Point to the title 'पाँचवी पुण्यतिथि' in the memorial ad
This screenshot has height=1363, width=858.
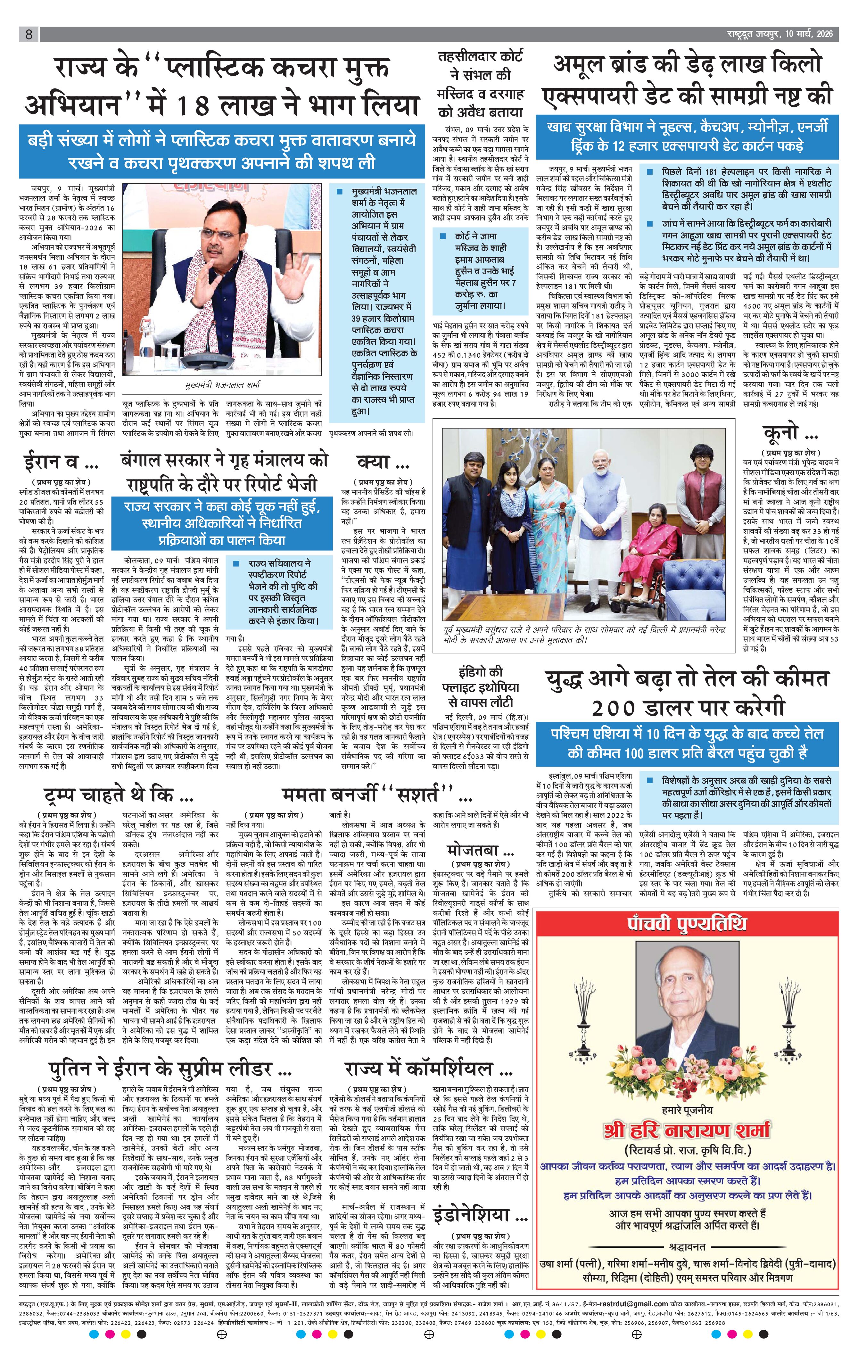687,924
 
